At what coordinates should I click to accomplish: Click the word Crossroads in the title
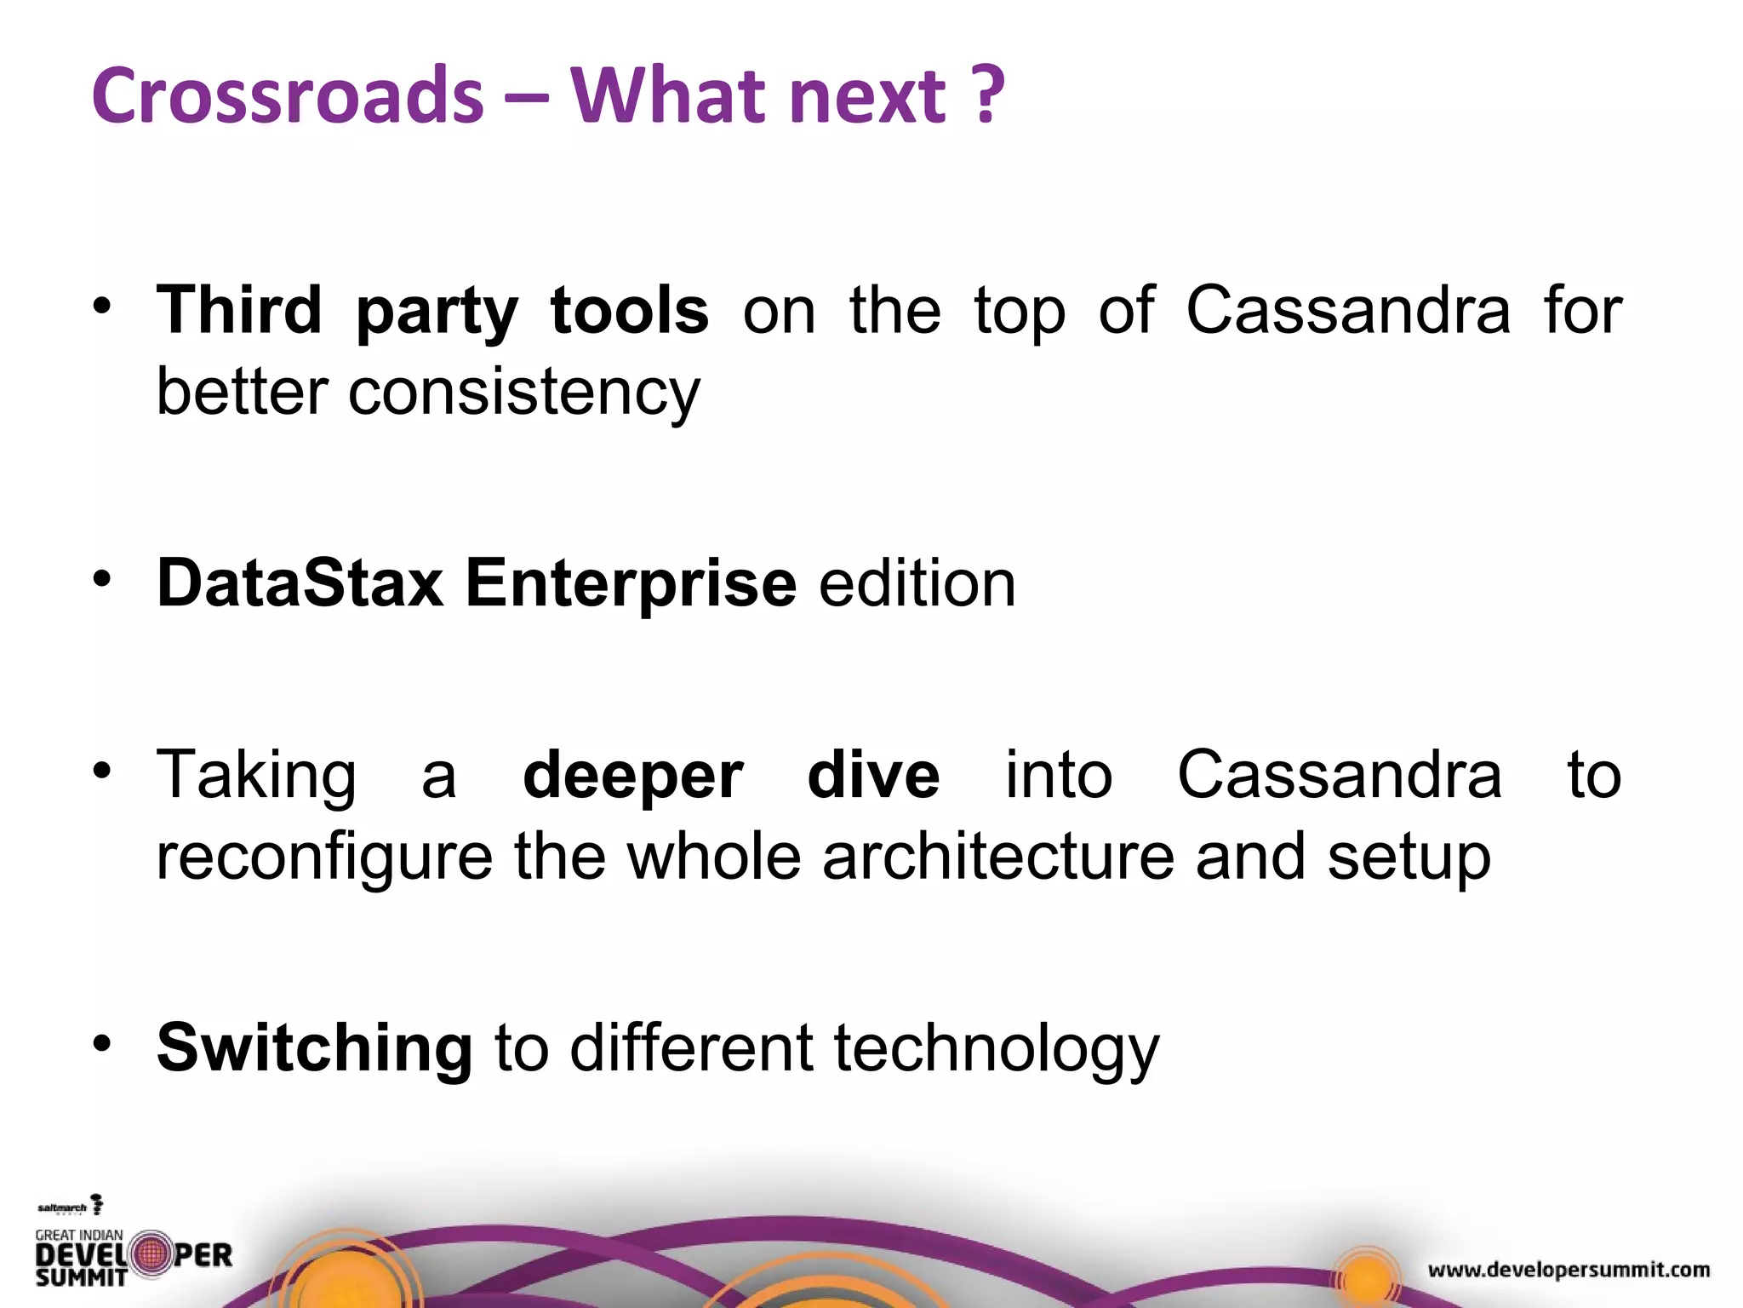pos(288,95)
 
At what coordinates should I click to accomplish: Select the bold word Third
pos(239,310)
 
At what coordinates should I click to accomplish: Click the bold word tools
pos(630,310)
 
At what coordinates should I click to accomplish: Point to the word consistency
pos(523,393)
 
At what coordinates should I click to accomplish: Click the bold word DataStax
pos(300,584)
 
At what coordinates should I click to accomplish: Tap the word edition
pos(917,584)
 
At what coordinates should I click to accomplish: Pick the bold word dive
pos(873,775)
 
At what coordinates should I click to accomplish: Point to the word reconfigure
pos(324,858)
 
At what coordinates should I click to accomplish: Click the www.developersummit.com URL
pos(1569,1270)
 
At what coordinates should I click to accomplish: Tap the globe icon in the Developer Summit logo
pos(151,1253)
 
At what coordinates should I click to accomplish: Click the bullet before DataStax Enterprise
pos(102,580)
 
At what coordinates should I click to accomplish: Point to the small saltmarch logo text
pos(63,1208)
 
